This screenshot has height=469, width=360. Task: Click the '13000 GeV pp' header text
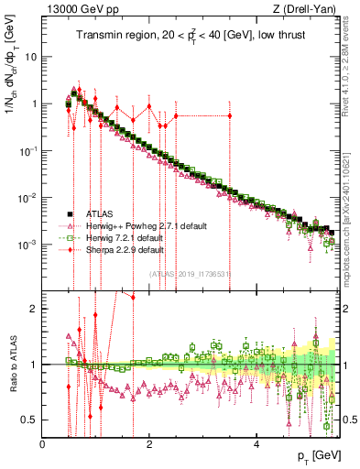pyautogui.click(x=76, y=10)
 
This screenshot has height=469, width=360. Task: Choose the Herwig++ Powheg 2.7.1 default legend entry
pyautogui.click(x=136, y=224)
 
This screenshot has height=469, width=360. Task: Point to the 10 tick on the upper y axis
pyautogui.click(x=30, y=56)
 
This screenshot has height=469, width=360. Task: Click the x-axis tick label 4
pyautogui.click(x=256, y=445)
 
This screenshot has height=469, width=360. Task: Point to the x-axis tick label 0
pyautogui.click(x=43, y=445)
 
